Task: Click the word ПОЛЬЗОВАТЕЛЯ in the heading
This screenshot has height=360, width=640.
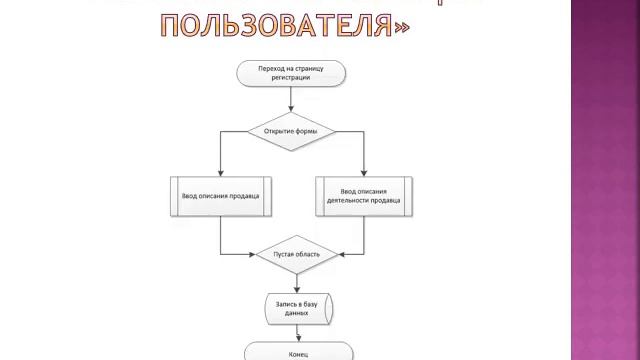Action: [x=271, y=25]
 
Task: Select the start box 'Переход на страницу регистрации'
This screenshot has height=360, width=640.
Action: [x=291, y=74]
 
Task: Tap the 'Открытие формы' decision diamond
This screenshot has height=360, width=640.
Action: [x=291, y=131]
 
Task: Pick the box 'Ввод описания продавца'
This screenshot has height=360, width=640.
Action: [x=221, y=195]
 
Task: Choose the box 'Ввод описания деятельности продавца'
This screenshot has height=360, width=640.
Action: [x=363, y=195]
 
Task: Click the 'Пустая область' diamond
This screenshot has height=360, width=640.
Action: [x=297, y=255]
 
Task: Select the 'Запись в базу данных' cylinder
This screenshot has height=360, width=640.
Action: [x=298, y=307]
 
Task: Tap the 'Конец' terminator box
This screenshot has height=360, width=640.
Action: [x=297, y=351]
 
